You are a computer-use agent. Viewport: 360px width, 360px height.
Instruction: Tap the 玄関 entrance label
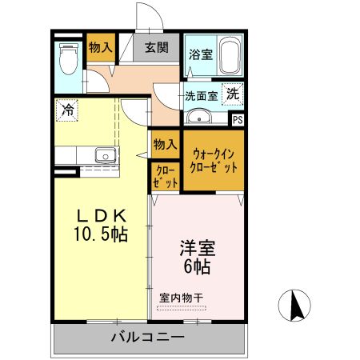click(156, 47)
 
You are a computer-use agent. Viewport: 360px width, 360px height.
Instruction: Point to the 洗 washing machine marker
click(232, 93)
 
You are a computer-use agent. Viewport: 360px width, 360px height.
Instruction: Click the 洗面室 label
click(201, 95)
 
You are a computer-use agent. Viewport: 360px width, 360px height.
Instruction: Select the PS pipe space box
click(237, 120)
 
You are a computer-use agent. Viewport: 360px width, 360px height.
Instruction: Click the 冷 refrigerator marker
click(69, 110)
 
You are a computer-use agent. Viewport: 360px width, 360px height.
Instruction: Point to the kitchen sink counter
click(103, 154)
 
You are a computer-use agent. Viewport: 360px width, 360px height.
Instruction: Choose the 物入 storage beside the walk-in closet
click(164, 145)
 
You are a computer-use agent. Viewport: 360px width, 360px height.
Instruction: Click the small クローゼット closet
click(164, 176)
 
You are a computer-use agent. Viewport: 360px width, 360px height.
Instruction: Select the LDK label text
click(102, 216)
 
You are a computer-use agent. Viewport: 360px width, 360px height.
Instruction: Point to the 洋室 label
click(196, 248)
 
